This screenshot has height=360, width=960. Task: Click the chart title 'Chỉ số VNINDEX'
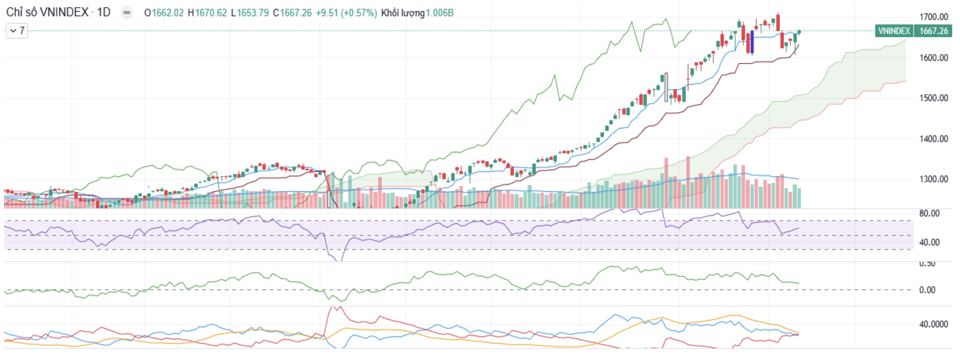click(47, 12)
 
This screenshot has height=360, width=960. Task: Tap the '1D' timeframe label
click(104, 12)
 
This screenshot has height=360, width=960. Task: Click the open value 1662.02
click(167, 13)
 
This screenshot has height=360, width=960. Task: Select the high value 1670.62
click(211, 13)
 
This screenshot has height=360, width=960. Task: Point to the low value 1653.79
click(253, 13)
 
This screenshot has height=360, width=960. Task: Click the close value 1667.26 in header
click(296, 13)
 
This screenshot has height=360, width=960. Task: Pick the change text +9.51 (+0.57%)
click(346, 13)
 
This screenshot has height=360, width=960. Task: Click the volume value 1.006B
click(440, 13)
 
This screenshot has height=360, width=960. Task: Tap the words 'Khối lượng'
click(403, 13)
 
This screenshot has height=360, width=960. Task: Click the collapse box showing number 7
click(17, 31)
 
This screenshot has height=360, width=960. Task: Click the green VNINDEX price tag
click(913, 31)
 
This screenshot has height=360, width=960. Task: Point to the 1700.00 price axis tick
click(934, 17)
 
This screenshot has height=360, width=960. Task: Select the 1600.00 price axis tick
click(934, 57)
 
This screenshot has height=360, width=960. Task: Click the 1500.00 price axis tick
click(934, 98)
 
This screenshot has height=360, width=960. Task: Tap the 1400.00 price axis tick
click(934, 139)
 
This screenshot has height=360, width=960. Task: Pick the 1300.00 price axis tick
click(934, 179)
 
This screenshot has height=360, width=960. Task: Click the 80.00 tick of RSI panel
click(929, 213)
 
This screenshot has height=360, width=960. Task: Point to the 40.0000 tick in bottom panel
click(933, 324)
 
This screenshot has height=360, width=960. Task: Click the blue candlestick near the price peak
click(752, 42)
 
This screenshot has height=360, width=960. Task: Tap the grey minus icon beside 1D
click(127, 13)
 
